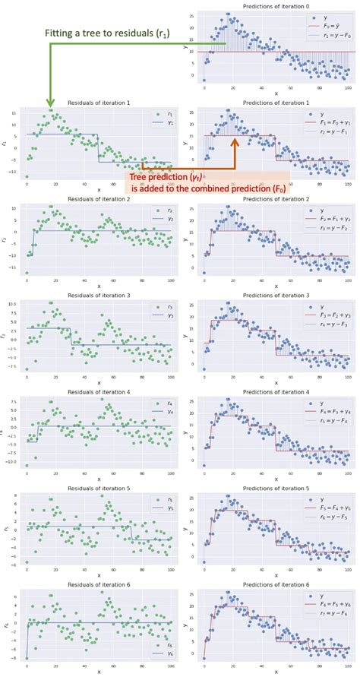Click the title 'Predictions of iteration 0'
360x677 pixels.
[x=276, y=6]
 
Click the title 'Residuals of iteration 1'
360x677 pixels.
[x=99, y=103]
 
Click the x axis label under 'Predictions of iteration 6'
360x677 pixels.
[x=276, y=672]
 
